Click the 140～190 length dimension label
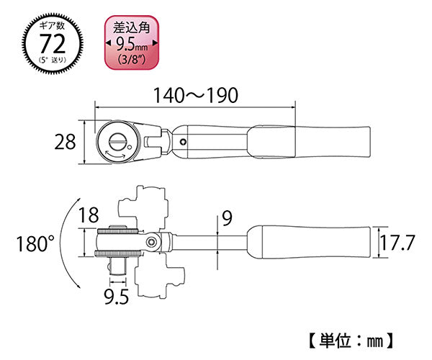pyautogui.click(x=192, y=95)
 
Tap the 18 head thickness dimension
pyautogui.click(x=89, y=214)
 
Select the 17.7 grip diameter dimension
pyautogui.click(x=397, y=243)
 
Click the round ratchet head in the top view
pyautogui.click(x=116, y=142)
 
